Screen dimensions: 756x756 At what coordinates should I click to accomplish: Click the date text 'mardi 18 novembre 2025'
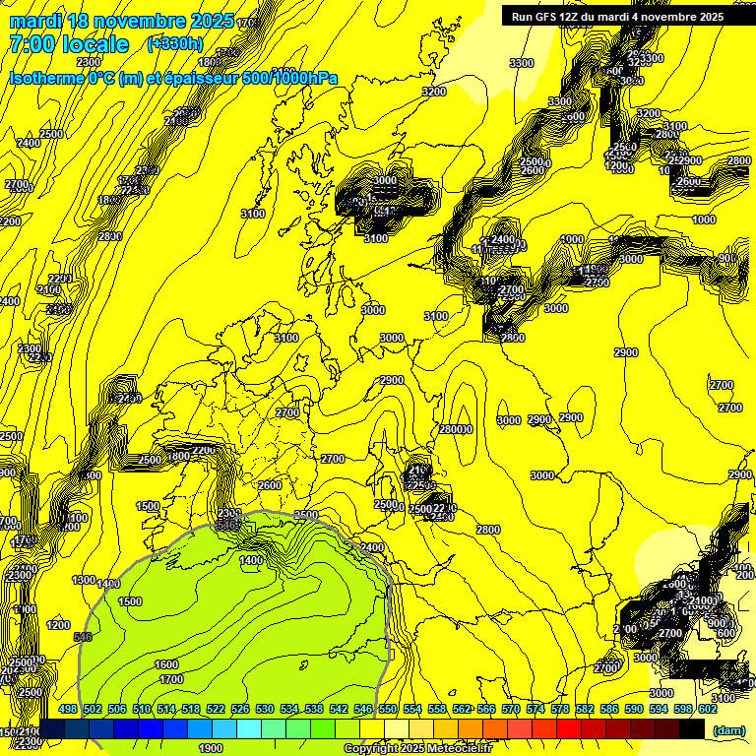[x=121, y=21]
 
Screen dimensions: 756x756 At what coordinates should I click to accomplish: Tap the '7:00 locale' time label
[x=69, y=44]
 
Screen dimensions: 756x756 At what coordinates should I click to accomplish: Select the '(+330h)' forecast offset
[x=174, y=43]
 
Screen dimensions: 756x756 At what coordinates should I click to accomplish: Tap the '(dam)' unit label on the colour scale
[x=728, y=729]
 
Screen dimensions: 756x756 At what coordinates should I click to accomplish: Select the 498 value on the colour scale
[x=68, y=709]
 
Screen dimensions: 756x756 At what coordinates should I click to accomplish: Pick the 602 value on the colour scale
[x=708, y=709]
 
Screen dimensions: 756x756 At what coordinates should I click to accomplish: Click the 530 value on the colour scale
[x=265, y=709]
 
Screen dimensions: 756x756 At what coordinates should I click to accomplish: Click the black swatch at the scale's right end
[x=692, y=728]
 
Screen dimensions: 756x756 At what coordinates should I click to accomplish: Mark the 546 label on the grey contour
[x=83, y=637]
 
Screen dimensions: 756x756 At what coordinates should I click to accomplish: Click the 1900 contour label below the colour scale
[x=210, y=747]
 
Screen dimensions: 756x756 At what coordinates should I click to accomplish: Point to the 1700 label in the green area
[x=171, y=679]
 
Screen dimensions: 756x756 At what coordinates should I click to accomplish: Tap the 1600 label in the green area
[x=166, y=664]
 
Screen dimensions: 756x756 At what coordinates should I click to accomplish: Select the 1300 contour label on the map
[x=84, y=580]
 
